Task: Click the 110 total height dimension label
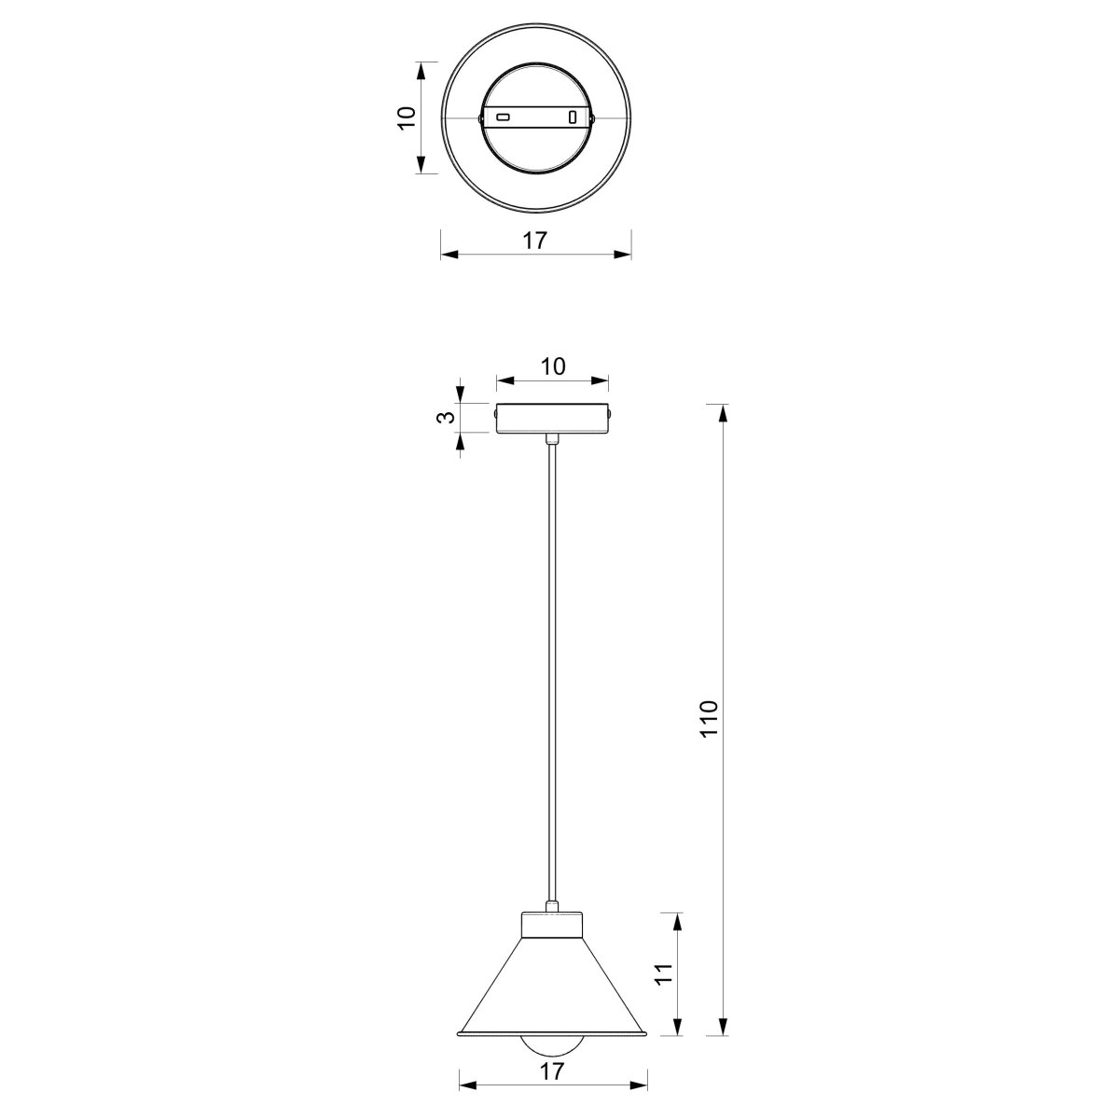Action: [710, 718]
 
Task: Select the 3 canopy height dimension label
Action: [445, 417]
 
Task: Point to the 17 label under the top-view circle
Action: [535, 241]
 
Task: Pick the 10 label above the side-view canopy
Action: [553, 366]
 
